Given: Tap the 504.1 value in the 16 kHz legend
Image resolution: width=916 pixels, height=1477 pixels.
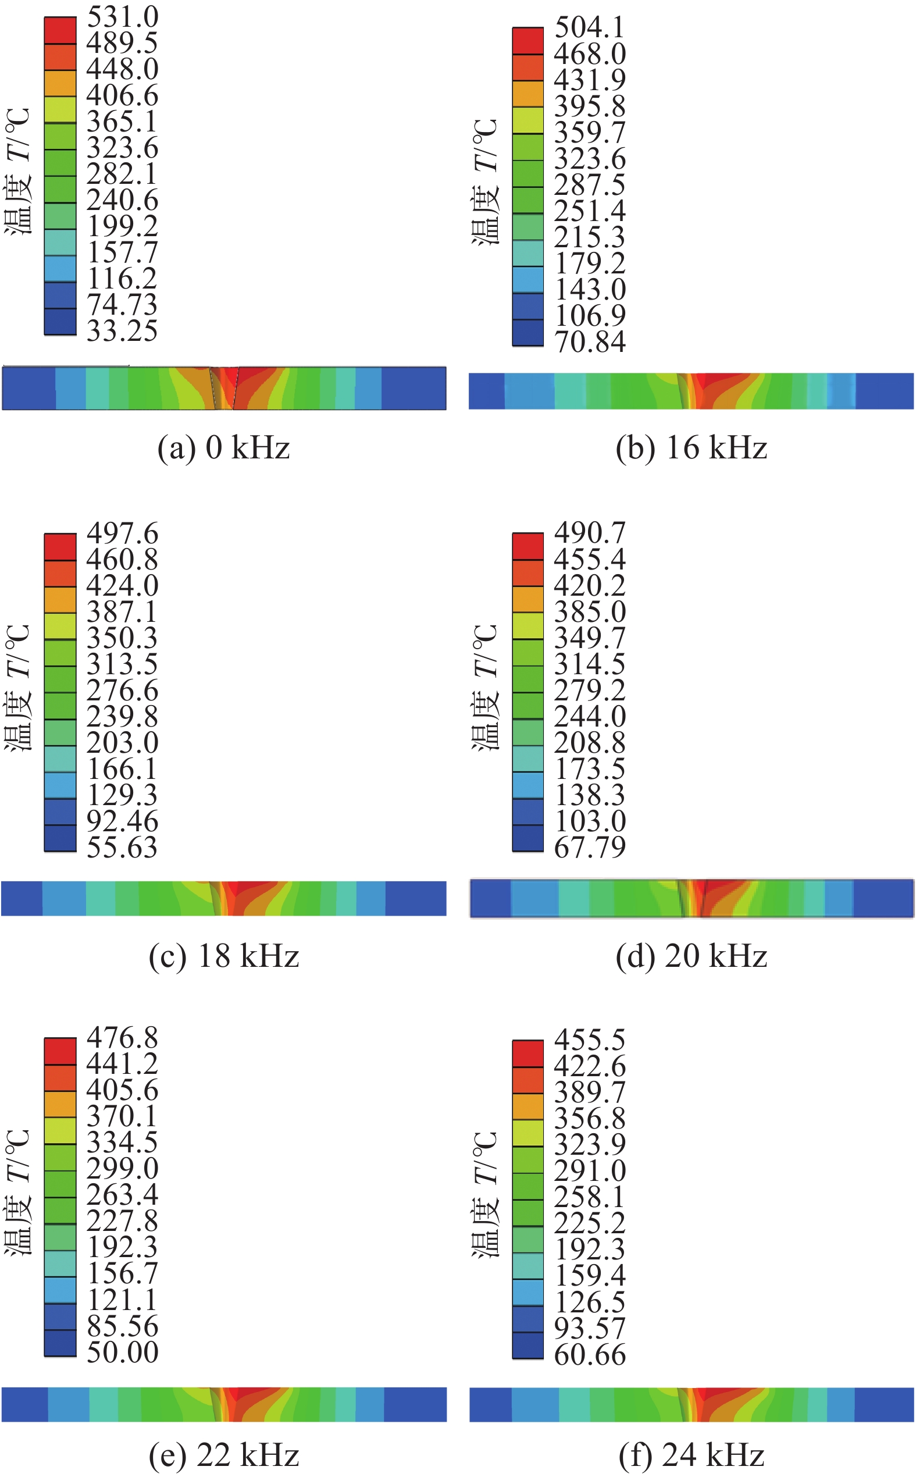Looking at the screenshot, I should click(590, 27).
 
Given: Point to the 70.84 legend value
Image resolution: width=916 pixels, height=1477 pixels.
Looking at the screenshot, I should click(590, 341).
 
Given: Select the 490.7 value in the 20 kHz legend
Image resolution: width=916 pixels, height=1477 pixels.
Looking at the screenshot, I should click(590, 533).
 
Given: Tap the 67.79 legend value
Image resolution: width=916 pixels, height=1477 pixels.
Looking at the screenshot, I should click(590, 847).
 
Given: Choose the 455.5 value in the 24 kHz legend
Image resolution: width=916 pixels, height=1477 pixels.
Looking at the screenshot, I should click(590, 1040).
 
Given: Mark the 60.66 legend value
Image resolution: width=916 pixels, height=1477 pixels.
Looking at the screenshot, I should click(590, 1355).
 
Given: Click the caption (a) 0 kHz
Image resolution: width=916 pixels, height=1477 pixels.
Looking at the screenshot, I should click(223, 449).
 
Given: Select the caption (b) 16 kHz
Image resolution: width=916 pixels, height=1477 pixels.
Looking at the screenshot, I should click(692, 449).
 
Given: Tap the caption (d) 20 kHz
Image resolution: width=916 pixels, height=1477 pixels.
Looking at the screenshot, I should click(692, 956).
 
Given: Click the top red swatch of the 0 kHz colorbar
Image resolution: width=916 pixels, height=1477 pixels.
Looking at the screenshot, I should click(60, 30).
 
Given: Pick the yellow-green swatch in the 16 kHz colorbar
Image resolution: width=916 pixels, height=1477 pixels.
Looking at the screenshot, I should click(527, 120).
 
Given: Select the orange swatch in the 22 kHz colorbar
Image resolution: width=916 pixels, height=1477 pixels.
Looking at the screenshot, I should click(60, 1104).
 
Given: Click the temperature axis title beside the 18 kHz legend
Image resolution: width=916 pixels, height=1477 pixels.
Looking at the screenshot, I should click(17, 687).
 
